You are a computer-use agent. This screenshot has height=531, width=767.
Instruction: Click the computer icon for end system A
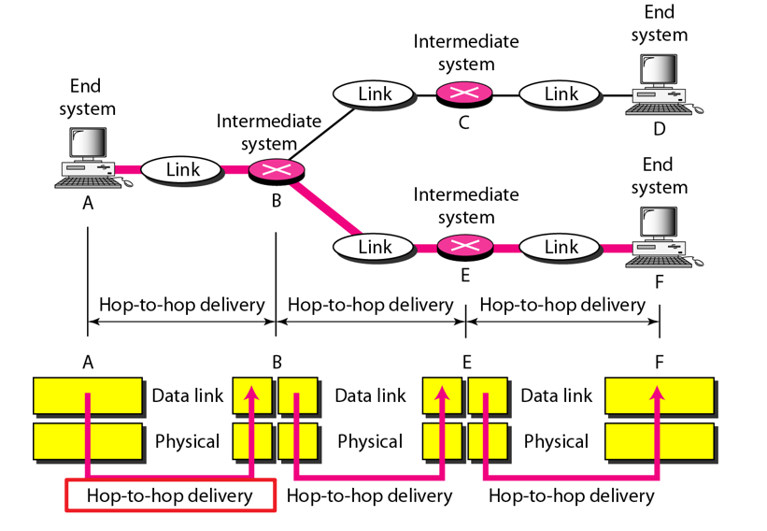pos(89,156)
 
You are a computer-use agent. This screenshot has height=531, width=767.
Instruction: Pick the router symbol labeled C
pos(463,93)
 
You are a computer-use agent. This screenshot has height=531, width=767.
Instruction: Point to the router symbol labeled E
pos(463,247)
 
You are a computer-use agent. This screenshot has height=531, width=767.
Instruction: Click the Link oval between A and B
pos(182,169)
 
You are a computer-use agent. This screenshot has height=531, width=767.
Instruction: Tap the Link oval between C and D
pos(561,93)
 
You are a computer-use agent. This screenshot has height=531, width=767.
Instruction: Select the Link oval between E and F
pos(561,247)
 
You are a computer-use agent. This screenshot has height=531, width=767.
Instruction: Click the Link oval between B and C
pos(375,93)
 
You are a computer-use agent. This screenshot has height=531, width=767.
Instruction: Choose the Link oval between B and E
pos(375,247)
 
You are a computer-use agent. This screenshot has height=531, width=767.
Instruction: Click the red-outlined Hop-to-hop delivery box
pos(169,495)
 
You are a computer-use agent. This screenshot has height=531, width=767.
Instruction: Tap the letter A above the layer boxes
pos(88,361)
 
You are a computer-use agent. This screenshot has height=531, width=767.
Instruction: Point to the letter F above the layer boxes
pos(659,361)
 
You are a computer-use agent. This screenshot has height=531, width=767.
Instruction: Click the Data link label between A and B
pos(188,395)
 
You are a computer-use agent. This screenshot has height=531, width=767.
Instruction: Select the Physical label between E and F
pos(556,441)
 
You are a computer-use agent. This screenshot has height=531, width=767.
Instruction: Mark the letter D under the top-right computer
pos(660,128)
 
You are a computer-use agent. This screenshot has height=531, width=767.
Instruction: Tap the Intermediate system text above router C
pos(465,51)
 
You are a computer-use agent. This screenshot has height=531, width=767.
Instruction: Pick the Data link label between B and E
pos(370,395)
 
